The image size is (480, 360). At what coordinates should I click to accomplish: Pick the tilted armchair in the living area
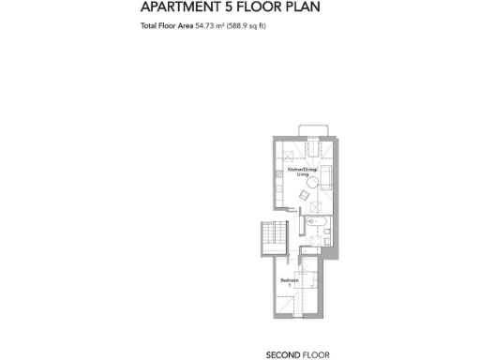(302, 194)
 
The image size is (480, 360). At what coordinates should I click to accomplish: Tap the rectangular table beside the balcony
(314, 148)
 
